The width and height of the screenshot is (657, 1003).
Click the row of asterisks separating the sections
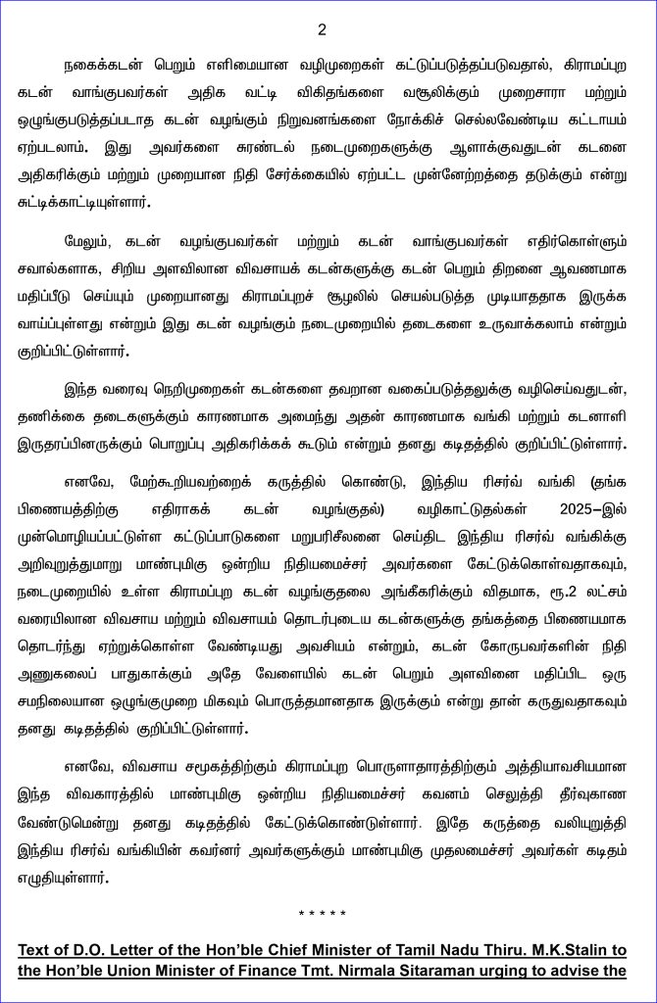click(x=323, y=914)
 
